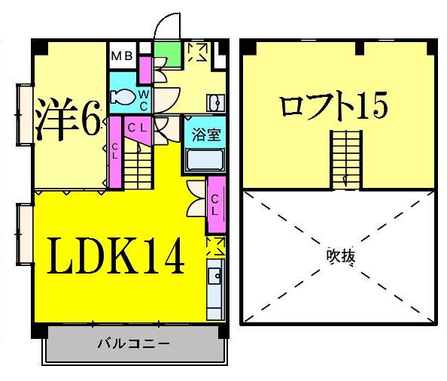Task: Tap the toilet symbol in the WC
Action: (x=122, y=97)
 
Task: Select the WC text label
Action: (x=143, y=97)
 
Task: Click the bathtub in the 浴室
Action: (x=203, y=160)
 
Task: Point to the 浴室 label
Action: (x=203, y=136)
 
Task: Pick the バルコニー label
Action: (x=133, y=344)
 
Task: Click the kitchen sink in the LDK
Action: (x=214, y=286)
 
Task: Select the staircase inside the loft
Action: (x=345, y=159)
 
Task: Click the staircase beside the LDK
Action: (x=138, y=166)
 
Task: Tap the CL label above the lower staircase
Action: (x=136, y=129)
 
